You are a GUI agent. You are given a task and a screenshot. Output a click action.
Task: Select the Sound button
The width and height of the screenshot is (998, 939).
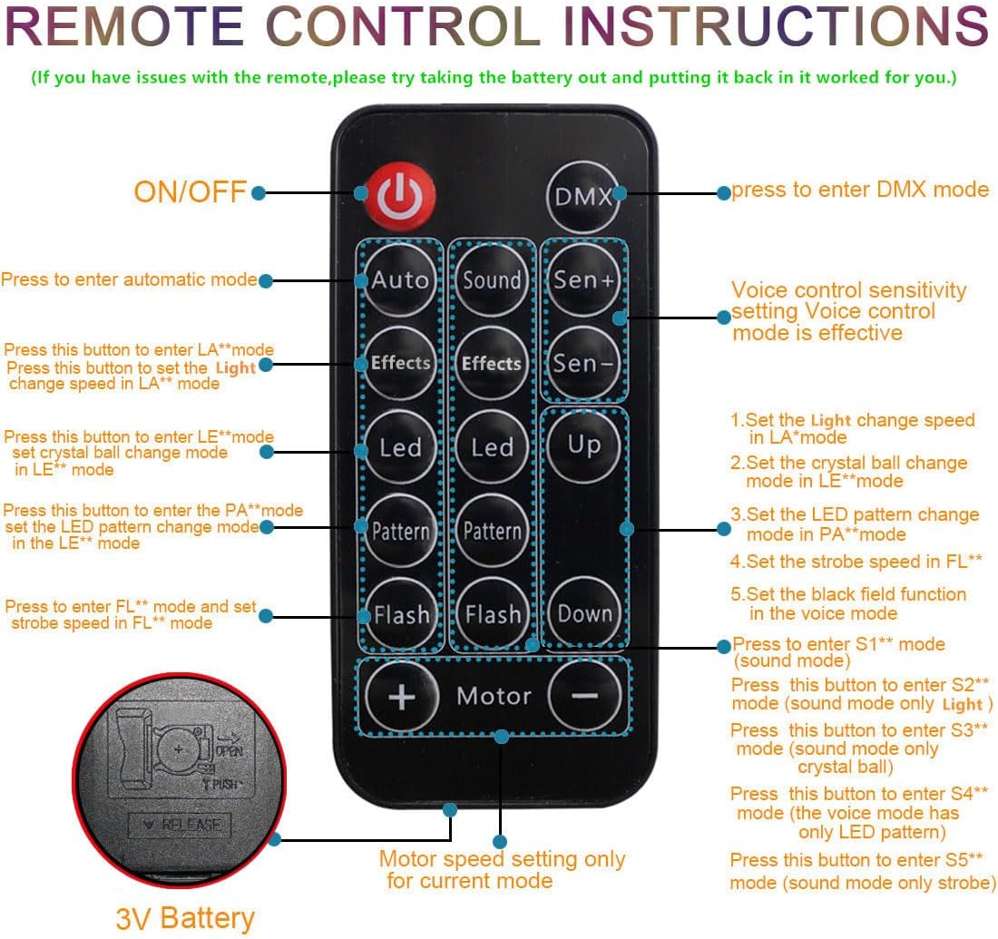click(493, 279)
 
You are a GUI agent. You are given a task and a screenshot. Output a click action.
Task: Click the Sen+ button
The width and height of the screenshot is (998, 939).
click(583, 279)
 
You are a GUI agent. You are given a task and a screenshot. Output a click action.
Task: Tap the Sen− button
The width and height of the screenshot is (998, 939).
click(583, 363)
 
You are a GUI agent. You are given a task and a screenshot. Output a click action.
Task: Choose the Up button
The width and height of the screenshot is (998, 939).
click(583, 445)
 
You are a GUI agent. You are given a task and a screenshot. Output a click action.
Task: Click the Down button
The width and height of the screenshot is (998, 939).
click(584, 613)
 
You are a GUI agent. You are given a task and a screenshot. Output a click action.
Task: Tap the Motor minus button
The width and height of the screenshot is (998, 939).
click(585, 696)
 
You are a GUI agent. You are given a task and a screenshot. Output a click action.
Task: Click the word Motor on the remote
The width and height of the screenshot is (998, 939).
click(494, 696)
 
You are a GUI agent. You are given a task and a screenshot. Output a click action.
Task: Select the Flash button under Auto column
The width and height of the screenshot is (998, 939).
click(401, 614)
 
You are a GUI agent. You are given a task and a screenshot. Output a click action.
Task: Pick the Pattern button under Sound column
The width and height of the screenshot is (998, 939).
click(493, 531)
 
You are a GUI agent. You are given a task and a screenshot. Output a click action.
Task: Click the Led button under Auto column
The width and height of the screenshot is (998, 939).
click(401, 447)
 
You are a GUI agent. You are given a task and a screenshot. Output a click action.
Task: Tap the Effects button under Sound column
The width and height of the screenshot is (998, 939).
click(493, 364)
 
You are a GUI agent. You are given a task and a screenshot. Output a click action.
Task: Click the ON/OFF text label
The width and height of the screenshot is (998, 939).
click(190, 191)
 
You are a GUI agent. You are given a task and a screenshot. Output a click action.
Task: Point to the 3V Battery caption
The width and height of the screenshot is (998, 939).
click(185, 918)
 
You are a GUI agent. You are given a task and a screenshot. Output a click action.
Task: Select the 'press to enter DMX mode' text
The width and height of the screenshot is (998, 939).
click(860, 190)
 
